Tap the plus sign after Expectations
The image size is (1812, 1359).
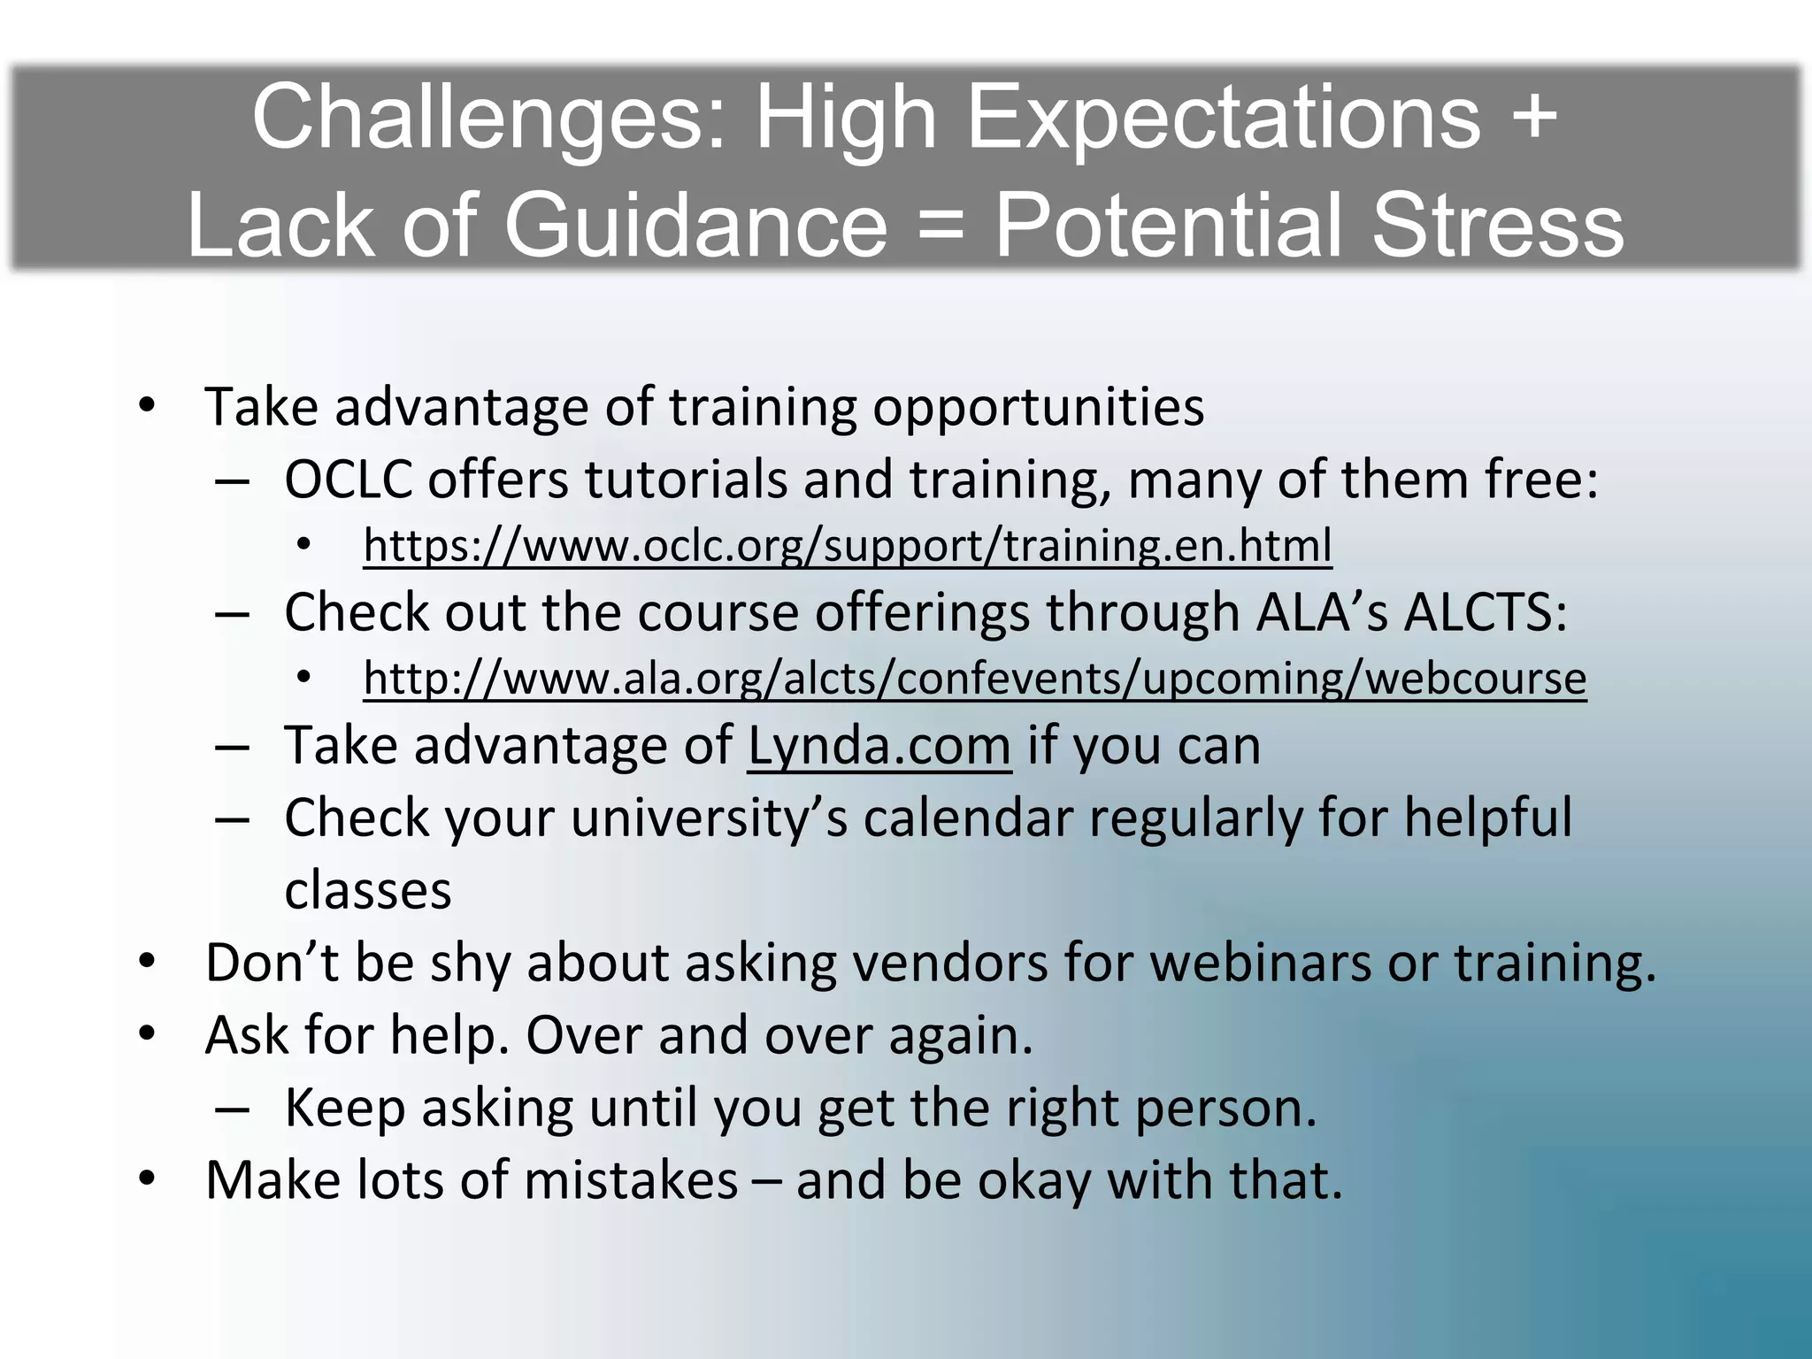coord(1529,118)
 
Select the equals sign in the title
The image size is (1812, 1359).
coord(941,226)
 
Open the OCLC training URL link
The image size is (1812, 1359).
coord(847,545)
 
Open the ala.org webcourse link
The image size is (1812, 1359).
coord(974,679)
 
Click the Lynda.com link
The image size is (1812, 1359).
coord(879,746)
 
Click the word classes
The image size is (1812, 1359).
coord(368,891)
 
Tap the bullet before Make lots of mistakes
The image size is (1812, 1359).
coord(147,1179)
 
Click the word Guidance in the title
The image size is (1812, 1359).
coord(695,226)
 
